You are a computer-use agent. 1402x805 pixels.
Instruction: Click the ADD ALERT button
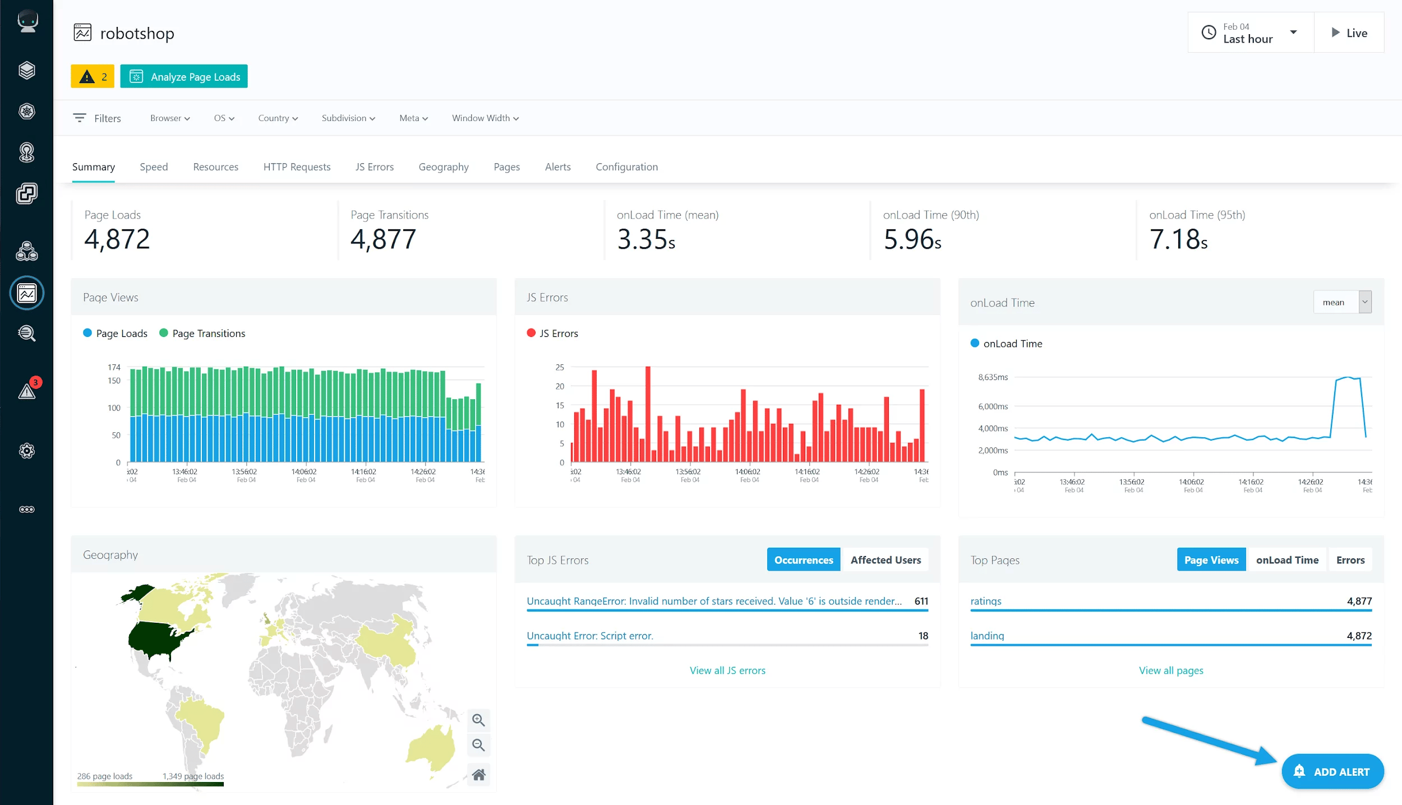click(1332, 771)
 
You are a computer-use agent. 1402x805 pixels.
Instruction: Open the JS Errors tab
click(374, 167)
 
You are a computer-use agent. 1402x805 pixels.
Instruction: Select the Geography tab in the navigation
click(443, 167)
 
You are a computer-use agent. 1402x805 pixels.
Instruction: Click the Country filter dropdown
click(278, 118)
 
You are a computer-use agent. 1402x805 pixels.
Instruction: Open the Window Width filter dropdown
click(485, 118)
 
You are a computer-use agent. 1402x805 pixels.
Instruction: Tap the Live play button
click(1349, 33)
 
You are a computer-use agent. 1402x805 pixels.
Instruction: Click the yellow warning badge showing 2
click(93, 77)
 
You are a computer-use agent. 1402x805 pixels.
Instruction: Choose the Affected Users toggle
click(885, 560)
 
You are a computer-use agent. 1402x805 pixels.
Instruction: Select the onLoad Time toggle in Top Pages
click(1286, 560)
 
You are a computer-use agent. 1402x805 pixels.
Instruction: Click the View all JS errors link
click(727, 670)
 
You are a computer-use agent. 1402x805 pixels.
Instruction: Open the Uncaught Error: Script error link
click(589, 636)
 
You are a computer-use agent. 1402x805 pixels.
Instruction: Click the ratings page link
click(985, 601)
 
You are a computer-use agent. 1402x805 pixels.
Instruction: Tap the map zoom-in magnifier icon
click(478, 720)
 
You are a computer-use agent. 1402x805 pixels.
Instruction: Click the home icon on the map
click(478, 775)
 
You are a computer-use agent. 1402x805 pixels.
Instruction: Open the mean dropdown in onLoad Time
click(1342, 303)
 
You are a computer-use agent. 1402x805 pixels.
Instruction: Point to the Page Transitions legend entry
click(208, 334)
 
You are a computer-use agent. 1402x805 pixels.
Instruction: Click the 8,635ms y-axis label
click(993, 377)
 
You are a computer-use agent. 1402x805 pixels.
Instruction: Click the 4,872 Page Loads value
click(117, 239)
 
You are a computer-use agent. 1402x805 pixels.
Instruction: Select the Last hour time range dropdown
click(1250, 33)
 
